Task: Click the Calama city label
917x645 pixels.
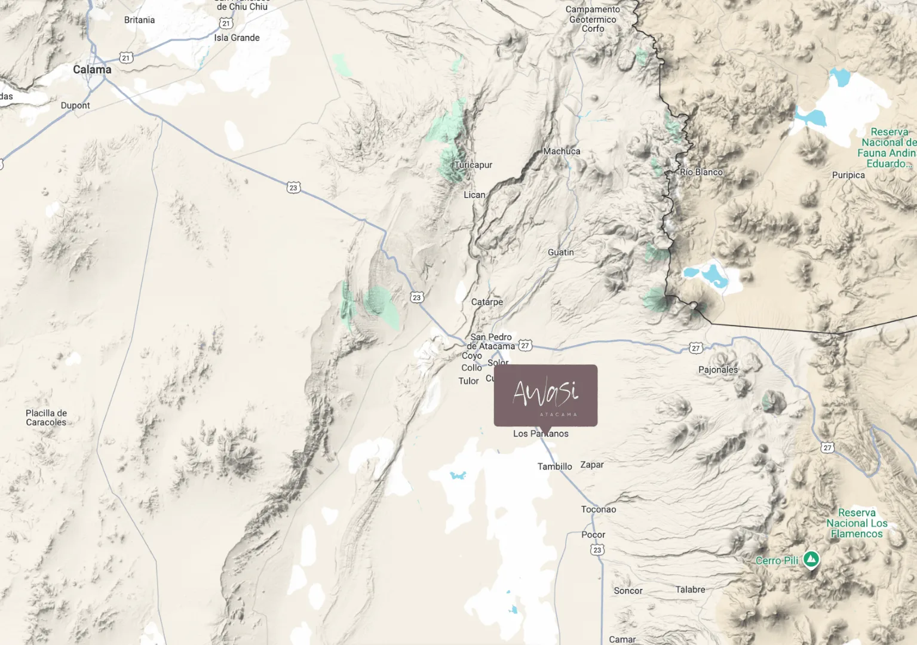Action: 92,70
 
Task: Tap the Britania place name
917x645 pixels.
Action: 139,20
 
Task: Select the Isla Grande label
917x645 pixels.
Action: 237,38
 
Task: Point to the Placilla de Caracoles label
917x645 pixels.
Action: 46,417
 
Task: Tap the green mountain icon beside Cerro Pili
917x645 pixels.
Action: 811,560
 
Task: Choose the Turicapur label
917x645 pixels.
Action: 473,165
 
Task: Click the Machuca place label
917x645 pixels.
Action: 562,152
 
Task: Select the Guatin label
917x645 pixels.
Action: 560,253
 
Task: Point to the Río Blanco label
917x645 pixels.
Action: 701,172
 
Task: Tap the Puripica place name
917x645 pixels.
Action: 848,175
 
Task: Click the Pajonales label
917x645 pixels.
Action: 718,370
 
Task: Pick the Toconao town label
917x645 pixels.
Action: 599,509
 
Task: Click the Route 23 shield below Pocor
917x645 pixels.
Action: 597,550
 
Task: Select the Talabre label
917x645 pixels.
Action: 690,589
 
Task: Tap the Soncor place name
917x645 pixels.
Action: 628,591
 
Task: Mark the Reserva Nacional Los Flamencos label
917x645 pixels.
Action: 857,523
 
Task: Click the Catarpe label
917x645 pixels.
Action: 487,302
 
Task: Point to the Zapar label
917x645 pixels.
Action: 592,465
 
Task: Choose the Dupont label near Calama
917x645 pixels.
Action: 75,106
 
